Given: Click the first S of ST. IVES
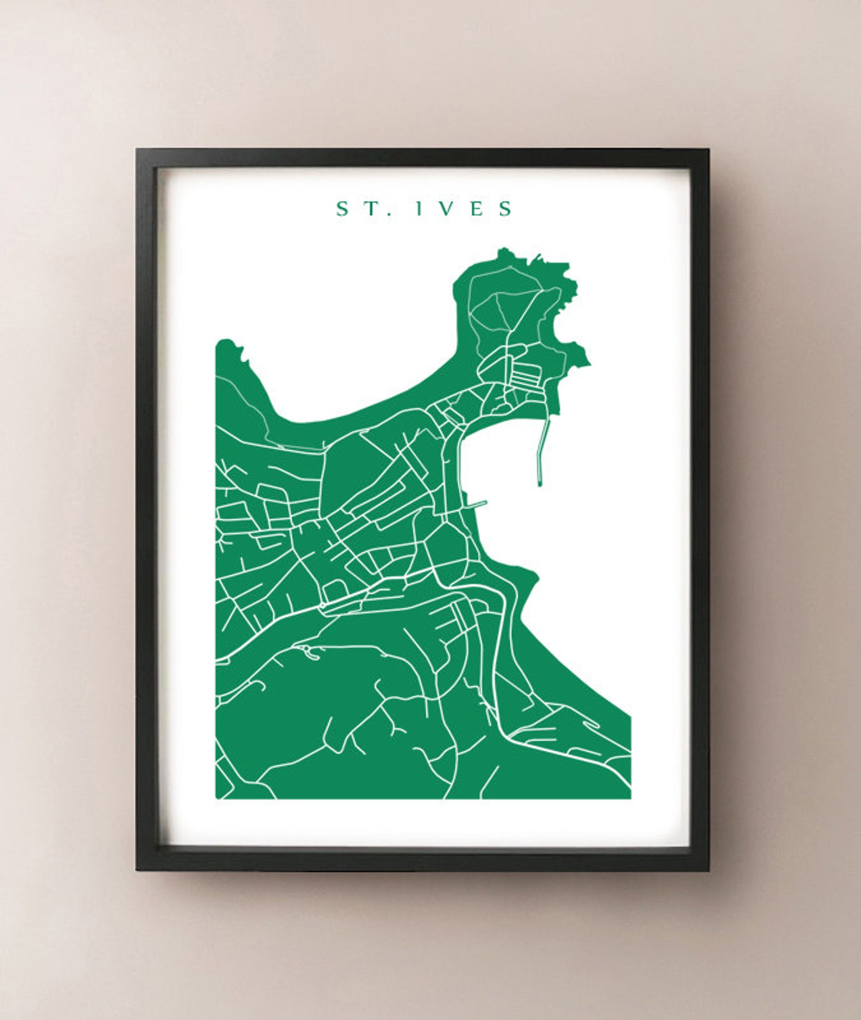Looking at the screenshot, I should (x=342, y=209).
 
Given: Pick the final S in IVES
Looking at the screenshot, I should (x=506, y=209).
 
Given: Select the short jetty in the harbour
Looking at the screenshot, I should (x=477, y=504).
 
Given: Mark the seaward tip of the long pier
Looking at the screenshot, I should (x=540, y=483).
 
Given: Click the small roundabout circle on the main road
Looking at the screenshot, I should (x=322, y=605).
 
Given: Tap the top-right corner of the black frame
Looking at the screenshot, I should (x=708, y=150).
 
